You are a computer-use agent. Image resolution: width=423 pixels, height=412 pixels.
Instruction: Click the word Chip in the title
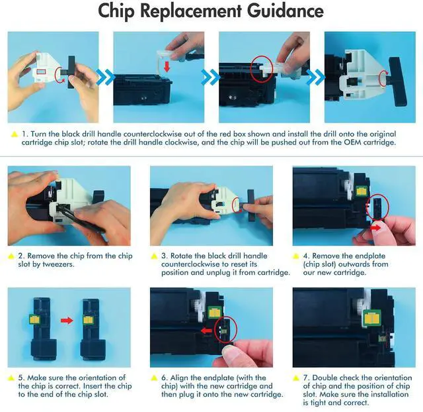tap(116, 11)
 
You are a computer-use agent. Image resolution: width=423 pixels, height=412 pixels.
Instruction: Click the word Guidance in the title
tap(286, 11)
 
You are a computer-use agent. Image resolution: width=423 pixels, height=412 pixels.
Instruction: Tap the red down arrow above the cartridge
tap(167, 66)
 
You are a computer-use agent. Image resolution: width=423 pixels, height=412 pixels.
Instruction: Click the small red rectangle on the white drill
tap(41, 72)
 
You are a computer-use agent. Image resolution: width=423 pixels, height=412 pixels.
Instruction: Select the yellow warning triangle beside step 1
tap(15, 134)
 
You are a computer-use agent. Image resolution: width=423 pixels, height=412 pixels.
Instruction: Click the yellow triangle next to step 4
tap(295, 256)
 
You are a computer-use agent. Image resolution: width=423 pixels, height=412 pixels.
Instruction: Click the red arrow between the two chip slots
tap(67, 321)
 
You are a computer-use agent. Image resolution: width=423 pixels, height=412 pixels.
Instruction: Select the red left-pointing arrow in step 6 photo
tap(207, 331)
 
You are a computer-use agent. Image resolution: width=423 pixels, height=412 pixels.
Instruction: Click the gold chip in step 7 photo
tap(371, 319)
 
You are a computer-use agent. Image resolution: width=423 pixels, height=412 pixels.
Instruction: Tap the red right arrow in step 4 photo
tap(376, 228)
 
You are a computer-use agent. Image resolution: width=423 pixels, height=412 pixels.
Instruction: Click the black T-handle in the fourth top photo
tap(397, 81)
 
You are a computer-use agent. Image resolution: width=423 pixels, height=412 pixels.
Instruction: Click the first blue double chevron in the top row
tap(105, 77)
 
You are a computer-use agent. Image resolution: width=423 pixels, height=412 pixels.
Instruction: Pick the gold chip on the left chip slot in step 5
tap(35, 320)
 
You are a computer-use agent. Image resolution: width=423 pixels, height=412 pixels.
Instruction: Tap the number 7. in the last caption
tap(306, 378)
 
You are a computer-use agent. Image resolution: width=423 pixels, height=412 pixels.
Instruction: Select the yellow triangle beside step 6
tap(154, 378)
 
